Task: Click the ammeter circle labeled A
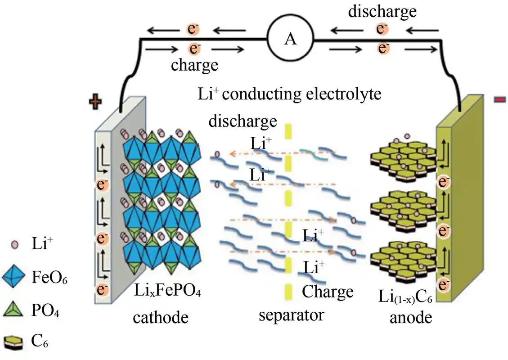291,40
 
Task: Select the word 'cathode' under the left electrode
160,317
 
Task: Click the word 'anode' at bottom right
411,318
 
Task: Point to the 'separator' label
291,315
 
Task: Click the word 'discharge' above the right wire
382,12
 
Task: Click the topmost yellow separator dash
288,131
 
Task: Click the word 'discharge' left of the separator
242,121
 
